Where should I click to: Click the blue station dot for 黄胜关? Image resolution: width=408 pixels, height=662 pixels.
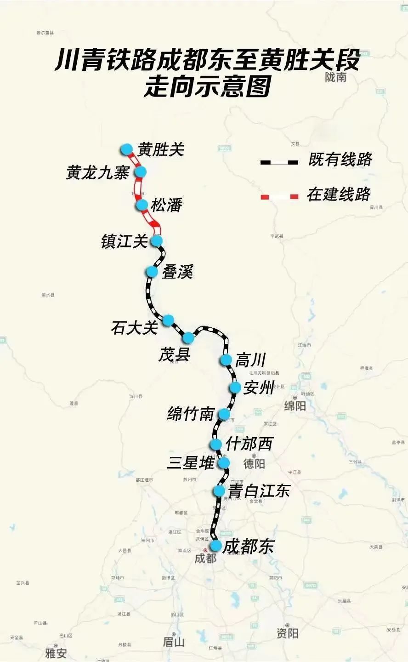point(126,149)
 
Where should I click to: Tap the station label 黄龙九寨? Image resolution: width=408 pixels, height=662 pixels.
point(97,173)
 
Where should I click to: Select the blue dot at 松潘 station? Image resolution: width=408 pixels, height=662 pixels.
point(142,205)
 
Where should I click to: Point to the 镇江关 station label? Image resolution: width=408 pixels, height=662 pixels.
point(124,241)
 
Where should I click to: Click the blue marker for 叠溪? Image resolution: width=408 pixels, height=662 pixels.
point(152,272)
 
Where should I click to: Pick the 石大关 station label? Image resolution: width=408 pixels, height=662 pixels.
point(134,328)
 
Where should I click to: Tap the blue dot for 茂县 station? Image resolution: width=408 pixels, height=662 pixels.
point(188,338)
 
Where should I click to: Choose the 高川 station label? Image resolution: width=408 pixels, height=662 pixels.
point(250,360)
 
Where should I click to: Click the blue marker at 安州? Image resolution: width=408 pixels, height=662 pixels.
point(235,388)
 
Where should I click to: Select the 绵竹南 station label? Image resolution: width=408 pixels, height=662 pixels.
point(191,414)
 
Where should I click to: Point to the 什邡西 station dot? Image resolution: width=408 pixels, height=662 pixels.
point(215,444)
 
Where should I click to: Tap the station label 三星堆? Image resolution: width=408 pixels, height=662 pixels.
point(190,463)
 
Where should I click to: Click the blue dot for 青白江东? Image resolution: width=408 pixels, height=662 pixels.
point(219,491)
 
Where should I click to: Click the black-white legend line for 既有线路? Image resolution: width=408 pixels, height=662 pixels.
point(279,162)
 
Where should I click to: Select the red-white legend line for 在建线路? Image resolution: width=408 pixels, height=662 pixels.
point(279,197)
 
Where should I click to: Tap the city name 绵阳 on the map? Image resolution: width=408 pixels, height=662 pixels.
point(295,406)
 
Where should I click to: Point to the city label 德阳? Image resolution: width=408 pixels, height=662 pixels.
point(254,463)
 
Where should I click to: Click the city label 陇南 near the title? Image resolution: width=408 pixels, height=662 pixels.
point(335,77)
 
